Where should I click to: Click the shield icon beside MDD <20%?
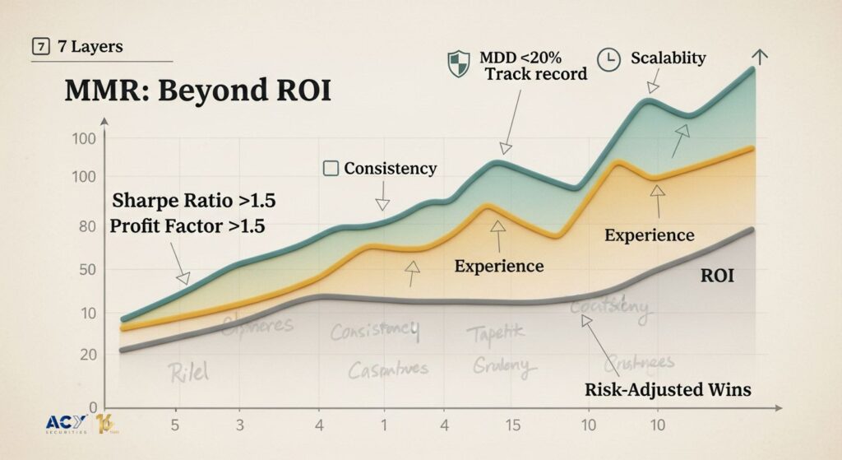click(x=458, y=63)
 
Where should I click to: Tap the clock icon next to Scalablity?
click(x=608, y=61)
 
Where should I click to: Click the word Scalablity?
click(x=669, y=58)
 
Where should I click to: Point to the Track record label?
click(x=535, y=74)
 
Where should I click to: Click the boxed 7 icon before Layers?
click(x=39, y=47)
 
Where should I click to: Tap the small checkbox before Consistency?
click(x=331, y=169)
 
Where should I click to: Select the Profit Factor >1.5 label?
click(x=187, y=226)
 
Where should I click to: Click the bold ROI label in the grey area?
click(x=717, y=276)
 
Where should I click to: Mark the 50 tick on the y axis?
click(x=86, y=271)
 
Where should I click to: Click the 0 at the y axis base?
click(x=93, y=406)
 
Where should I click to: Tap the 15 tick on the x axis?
click(x=512, y=425)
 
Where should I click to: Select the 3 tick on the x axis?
click(x=239, y=425)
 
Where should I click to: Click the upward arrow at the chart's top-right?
click(x=761, y=57)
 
